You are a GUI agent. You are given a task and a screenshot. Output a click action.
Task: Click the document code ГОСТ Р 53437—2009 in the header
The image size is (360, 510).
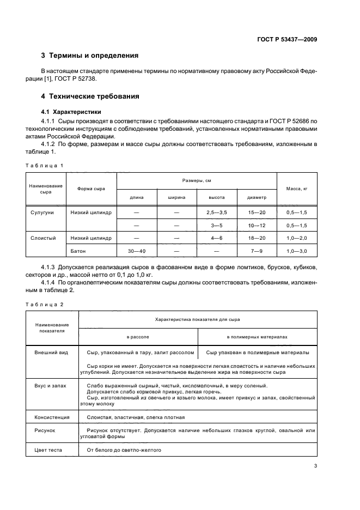pos(287,40)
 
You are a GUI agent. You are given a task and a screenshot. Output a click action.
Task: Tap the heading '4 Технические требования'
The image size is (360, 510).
pos(90,96)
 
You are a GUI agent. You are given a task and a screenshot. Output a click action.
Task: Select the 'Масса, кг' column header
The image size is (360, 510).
pos(297,189)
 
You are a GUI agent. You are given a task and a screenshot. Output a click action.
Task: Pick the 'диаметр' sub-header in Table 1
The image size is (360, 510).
pos(257,198)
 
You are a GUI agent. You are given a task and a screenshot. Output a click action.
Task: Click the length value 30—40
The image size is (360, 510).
pos(137,251)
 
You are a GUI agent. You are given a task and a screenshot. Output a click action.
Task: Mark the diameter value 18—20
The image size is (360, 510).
pos(257,238)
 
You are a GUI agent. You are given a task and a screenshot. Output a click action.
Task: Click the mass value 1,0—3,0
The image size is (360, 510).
pos(297,251)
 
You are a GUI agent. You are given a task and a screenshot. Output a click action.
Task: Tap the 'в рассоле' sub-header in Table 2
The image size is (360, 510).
pos(138,337)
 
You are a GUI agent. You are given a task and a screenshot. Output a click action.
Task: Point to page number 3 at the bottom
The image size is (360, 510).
pos(315,466)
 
